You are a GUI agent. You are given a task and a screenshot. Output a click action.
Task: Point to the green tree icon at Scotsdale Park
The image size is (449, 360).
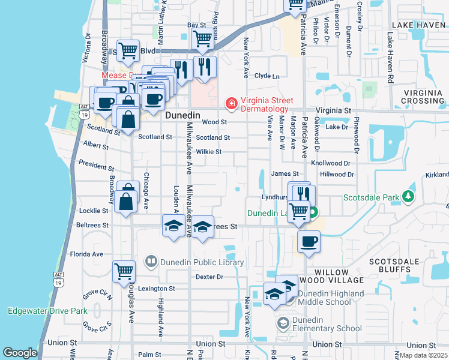pos(408,197)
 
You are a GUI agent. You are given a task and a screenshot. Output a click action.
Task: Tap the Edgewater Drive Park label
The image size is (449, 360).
pos(47,311)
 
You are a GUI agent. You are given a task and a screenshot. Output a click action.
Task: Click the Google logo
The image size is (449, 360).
pos(20,353)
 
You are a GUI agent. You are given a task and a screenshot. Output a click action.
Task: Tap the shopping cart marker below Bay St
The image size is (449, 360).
pos(203,39)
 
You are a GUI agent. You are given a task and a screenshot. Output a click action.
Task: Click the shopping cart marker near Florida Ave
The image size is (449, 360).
pos(124,271)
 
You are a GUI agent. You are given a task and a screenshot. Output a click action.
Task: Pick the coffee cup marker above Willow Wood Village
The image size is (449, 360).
pos(309,242)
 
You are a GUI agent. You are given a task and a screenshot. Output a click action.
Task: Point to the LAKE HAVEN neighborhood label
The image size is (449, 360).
pos(418,25)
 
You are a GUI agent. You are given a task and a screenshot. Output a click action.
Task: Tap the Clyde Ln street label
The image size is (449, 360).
pos(267,76)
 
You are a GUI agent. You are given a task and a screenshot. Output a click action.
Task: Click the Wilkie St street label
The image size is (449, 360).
pos(209,152)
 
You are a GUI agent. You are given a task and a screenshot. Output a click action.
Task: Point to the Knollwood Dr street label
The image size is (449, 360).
pos(330,163)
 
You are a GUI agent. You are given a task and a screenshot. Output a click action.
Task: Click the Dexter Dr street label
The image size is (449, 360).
pos(209,277)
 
